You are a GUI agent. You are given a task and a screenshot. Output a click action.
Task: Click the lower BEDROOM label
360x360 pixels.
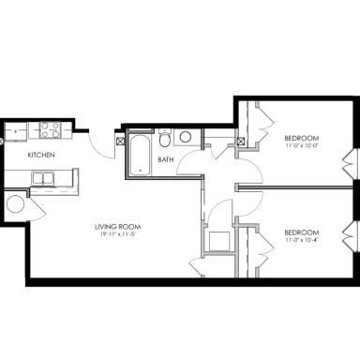(302, 232)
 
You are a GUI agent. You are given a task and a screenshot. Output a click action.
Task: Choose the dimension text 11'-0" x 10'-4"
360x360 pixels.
(302, 240)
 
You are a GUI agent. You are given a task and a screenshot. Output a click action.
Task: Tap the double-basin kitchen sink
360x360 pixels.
(44, 177)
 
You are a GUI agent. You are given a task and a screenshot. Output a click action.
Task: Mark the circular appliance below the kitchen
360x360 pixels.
(16, 205)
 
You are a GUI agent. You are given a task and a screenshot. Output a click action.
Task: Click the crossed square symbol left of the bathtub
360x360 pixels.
(120, 142)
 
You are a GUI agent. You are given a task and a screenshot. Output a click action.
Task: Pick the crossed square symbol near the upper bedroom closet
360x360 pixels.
(242, 142)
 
